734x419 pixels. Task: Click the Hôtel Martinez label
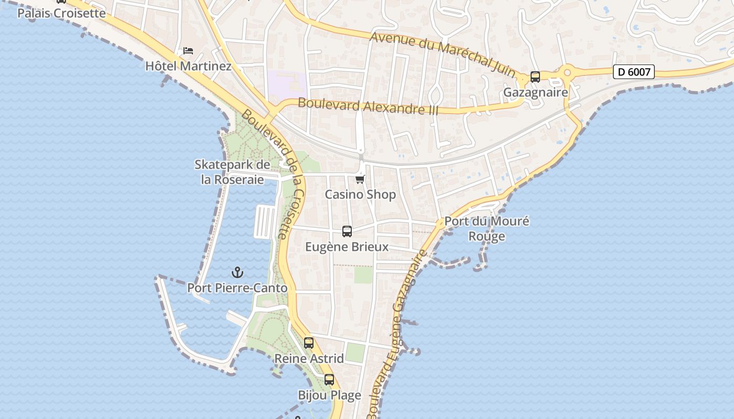tap(188, 67)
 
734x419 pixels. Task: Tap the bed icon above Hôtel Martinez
tap(188, 51)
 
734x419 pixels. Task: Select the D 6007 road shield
tap(634, 72)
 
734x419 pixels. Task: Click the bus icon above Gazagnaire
tap(535, 77)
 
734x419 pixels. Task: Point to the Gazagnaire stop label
tap(535, 93)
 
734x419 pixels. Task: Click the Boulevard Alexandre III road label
tap(368, 106)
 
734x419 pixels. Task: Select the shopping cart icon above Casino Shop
tap(360, 180)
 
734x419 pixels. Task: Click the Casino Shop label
tap(360, 194)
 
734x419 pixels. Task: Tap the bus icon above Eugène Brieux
tap(347, 231)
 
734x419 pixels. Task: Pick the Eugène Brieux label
tap(347, 247)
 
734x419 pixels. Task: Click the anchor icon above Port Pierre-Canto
tap(238, 272)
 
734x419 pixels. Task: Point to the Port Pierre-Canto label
tap(238, 288)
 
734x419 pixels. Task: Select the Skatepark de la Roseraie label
tap(232, 172)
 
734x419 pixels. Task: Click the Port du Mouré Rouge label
tap(487, 228)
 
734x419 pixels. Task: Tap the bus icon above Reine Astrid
tap(309, 343)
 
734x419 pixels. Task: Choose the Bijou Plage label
tap(329, 395)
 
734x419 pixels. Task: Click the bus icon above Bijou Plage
tap(329, 380)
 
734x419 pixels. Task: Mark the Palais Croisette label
tap(61, 13)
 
